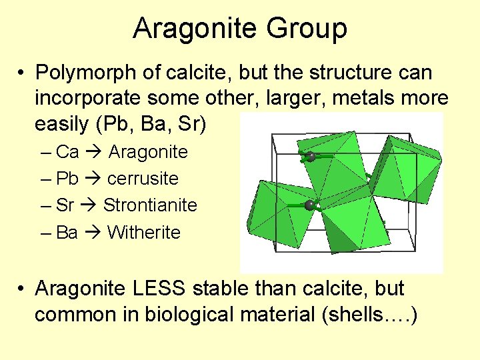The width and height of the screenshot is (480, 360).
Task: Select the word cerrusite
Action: coord(143,179)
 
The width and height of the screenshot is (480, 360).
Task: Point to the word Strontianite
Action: coord(150,205)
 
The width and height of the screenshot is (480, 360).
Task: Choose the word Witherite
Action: coord(143,233)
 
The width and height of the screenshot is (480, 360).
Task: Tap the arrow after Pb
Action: coord(93,179)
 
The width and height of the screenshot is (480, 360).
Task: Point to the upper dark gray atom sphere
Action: coord(311,157)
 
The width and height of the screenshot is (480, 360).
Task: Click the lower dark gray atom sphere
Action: coord(309,205)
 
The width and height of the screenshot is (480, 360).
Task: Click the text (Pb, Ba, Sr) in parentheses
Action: coord(164,124)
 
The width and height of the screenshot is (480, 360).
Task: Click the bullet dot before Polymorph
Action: coord(22,72)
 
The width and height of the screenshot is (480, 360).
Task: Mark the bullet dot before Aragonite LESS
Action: coord(22,289)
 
